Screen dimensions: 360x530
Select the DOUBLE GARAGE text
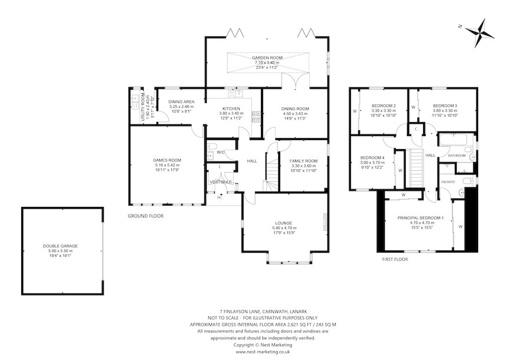click(x=60, y=246)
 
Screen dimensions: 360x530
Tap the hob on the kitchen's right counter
click(x=255, y=114)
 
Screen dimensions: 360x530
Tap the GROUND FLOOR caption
click(x=145, y=216)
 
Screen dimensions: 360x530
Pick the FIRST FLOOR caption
click(x=396, y=259)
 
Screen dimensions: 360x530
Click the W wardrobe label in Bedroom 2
click(x=354, y=110)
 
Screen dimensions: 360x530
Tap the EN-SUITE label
click(x=449, y=183)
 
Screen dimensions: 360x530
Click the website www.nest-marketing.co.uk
click(x=264, y=352)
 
